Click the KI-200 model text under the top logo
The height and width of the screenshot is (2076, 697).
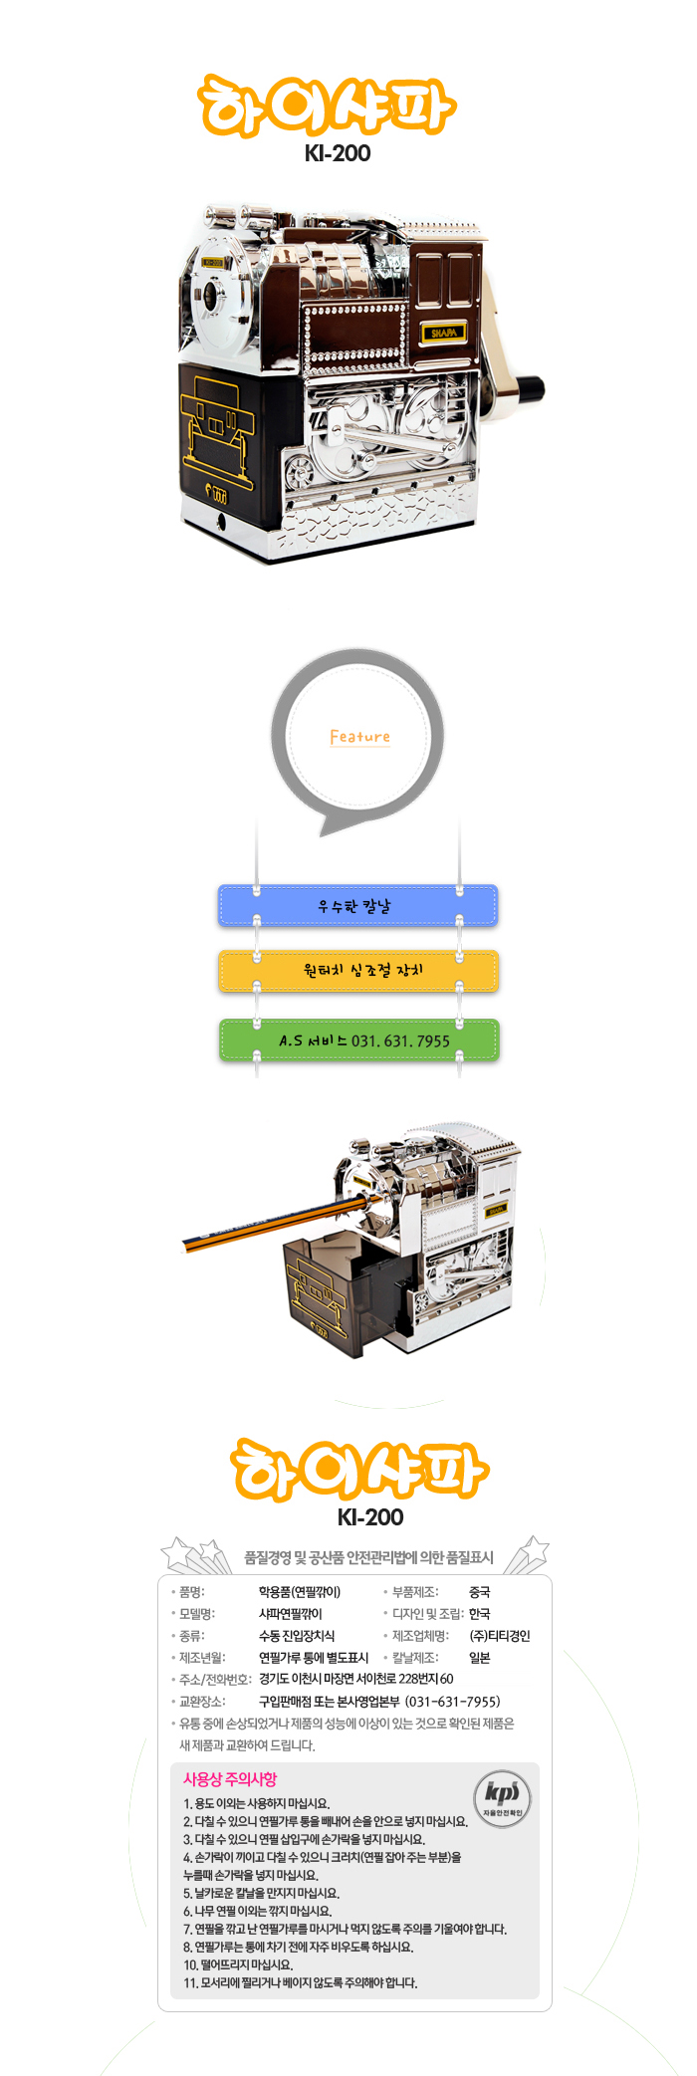click(338, 153)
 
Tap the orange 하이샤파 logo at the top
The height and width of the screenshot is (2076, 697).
click(328, 106)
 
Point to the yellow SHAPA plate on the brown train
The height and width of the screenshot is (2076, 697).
click(444, 333)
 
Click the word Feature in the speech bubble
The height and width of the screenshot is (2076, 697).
click(359, 737)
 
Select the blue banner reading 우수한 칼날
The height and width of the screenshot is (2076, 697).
click(357, 906)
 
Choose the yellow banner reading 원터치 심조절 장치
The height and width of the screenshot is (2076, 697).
click(357, 971)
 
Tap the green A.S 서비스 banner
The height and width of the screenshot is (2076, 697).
click(357, 1040)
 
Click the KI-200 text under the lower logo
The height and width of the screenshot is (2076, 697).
click(370, 1517)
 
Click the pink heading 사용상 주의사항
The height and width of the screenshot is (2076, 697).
click(230, 1779)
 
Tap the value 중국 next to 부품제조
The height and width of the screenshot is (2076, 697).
click(480, 1592)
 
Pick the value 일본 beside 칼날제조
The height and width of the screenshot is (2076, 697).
click(480, 1658)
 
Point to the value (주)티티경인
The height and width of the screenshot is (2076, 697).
click(500, 1636)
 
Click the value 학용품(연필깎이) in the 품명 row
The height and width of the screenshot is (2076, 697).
click(300, 1592)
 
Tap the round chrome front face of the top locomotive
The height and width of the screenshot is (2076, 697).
click(211, 296)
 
